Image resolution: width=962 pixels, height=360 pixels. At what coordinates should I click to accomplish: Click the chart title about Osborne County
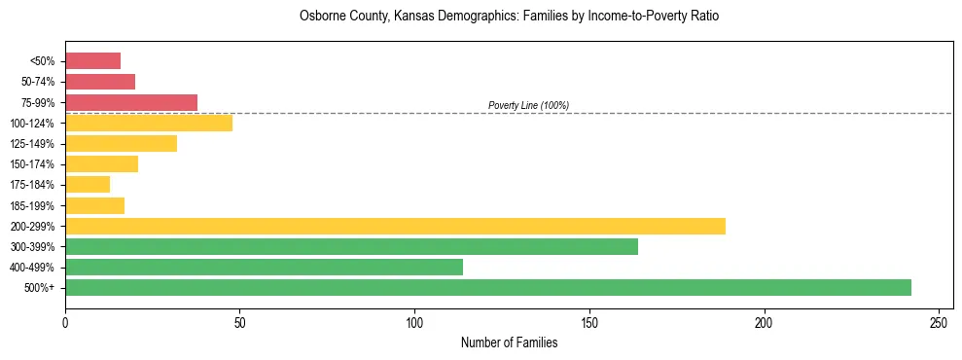tap(509, 17)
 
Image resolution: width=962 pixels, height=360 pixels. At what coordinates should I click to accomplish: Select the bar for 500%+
tap(487, 287)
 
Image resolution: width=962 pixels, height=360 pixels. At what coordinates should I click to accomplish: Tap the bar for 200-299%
tap(395, 226)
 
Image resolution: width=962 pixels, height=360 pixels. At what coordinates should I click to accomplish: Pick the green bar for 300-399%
tap(351, 246)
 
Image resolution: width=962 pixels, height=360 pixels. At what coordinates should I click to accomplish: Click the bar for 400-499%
tap(264, 267)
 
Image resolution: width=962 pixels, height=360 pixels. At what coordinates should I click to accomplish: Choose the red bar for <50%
tap(92, 61)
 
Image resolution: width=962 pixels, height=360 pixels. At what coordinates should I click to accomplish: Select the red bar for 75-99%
tap(131, 102)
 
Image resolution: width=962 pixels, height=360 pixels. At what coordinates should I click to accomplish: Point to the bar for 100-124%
tap(149, 123)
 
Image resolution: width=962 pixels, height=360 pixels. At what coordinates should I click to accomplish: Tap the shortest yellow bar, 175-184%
tap(88, 184)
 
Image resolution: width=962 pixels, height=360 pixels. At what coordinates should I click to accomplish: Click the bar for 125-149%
tap(121, 143)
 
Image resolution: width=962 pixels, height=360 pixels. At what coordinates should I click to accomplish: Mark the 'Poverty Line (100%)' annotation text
tap(528, 105)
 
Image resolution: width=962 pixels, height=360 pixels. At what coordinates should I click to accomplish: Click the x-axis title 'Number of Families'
tap(509, 342)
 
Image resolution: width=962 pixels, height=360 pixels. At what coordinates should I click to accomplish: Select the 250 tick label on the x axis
tap(939, 322)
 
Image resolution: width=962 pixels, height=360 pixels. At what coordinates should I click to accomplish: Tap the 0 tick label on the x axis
tap(65, 322)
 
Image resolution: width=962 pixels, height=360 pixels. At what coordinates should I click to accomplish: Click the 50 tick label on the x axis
tap(240, 322)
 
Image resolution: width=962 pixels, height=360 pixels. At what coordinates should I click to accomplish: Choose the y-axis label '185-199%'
tap(37, 205)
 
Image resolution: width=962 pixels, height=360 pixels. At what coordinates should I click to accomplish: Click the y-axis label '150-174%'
tap(37, 164)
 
